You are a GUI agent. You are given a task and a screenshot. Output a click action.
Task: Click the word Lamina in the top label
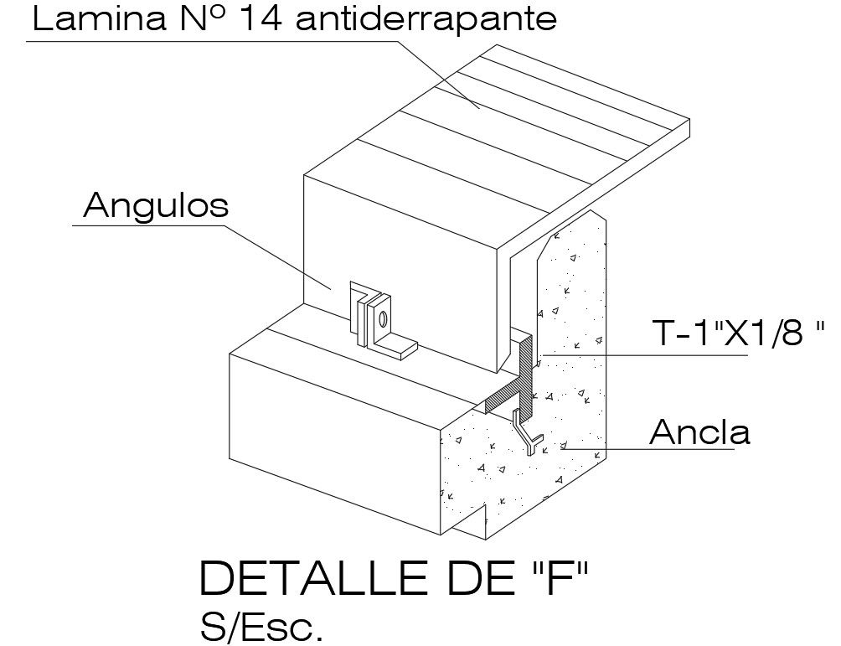point(93,18)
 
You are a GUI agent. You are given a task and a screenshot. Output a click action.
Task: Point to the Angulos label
point(156,205)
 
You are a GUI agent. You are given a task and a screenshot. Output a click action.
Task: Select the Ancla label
point(699,432)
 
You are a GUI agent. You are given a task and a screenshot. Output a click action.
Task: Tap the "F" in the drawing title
point(557,580)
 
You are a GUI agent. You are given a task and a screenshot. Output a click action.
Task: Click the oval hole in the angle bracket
point(383,319)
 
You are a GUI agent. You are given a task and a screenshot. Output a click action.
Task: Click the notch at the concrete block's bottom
point(473,524)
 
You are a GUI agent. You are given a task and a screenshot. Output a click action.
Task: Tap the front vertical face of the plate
point(402,251)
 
